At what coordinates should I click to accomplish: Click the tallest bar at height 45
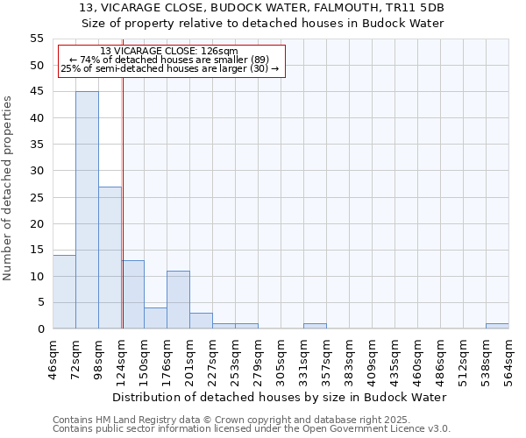coord(87,210)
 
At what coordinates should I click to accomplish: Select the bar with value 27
coord(110,258)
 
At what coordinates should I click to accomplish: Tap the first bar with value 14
coord(64,292)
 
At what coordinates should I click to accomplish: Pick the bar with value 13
coord(133,294)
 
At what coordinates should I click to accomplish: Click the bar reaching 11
coord(178,300)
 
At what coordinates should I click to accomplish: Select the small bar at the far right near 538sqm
coord(497,326)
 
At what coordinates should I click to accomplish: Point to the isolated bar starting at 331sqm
coord(315,326)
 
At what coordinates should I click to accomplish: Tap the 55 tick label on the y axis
coord(36,39)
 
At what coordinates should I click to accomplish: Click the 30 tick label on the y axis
coord(36,171)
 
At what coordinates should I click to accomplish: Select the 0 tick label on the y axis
coord(39,329)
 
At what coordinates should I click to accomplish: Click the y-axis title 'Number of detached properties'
coord(8,188)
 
